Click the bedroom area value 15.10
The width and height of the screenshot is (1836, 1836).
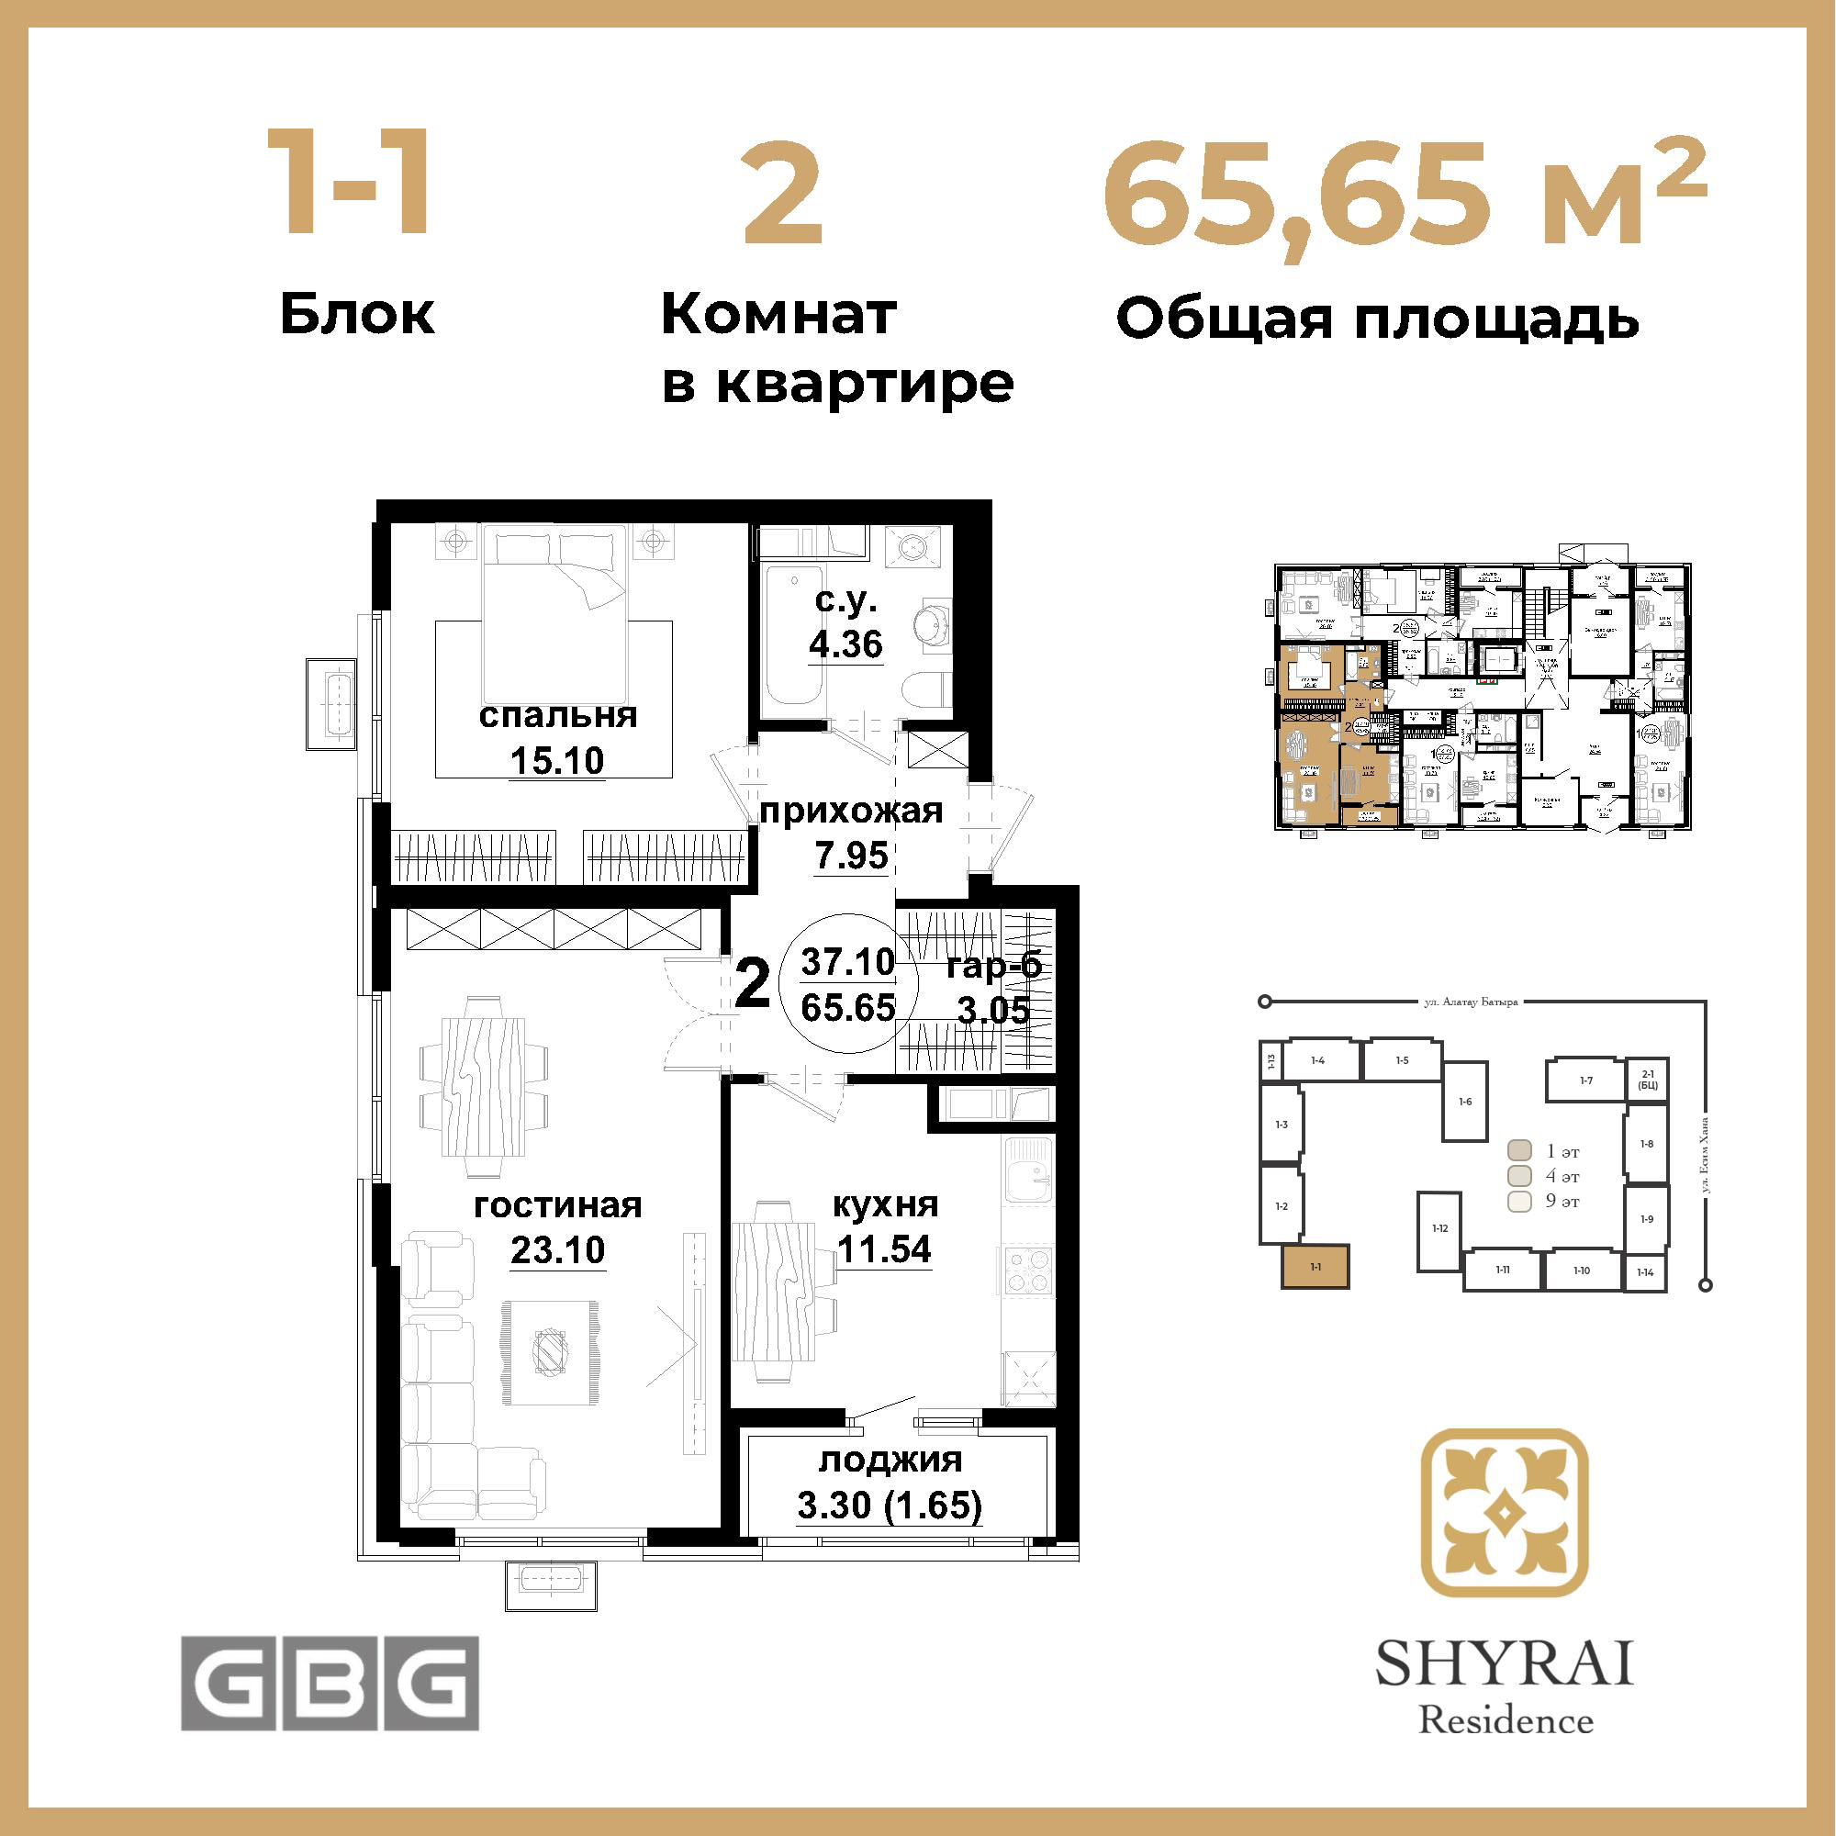(x=557, y=760)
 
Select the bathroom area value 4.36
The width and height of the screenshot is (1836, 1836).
(x=845, y=644)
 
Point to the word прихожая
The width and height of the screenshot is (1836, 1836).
(x=851, y=811)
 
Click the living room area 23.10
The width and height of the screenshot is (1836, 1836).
(x=558, y=1249)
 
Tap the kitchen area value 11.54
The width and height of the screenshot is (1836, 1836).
(x=884, y=1248)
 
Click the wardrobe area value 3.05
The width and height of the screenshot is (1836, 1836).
(x=993, y=1010)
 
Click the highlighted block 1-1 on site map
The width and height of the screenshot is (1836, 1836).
(x=1315, y=1267)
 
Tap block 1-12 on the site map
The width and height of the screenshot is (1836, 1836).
(x=1439, y=1231)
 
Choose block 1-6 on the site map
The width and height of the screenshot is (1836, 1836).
(x=1465, y=1102)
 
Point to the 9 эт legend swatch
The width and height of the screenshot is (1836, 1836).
(x=1519, y=1201)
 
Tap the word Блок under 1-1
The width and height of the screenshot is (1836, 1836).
(x=357, y=314)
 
